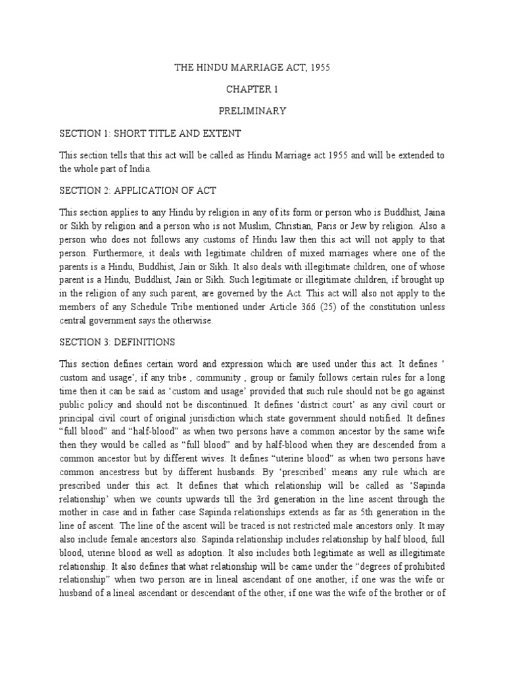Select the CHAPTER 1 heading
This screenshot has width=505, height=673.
coord(252,88)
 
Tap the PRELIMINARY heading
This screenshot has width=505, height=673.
coord(252,110)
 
